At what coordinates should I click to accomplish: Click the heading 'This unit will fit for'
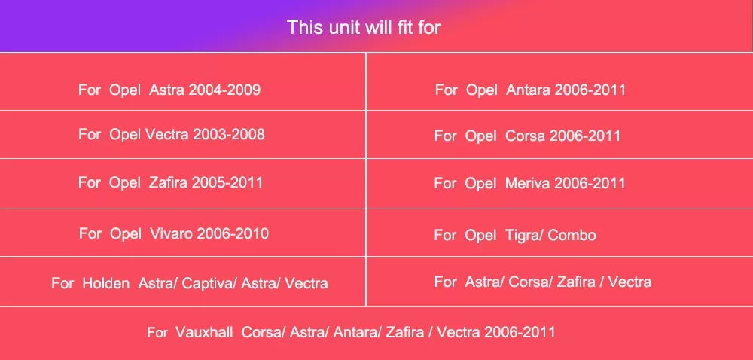tap(364, 27)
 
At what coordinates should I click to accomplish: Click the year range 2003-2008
tap(229, 134)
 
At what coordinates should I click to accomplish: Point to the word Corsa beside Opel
tap(525, 136)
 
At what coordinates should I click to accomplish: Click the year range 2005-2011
tap(227, 183)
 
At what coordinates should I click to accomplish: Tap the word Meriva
tap(527, 183)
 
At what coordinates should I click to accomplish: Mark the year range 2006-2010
tap(233, 233)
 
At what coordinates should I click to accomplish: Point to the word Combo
tap(572, 235)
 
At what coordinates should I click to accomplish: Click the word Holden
tap(105, 283)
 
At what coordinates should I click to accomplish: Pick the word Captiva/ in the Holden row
tap(209, 283)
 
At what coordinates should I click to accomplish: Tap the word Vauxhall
tap(204, 332)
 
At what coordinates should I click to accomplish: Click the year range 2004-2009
tap(224, 90)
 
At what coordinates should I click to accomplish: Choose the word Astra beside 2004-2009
tap(166, 90)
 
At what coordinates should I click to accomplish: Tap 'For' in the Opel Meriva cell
tap(445, 183)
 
